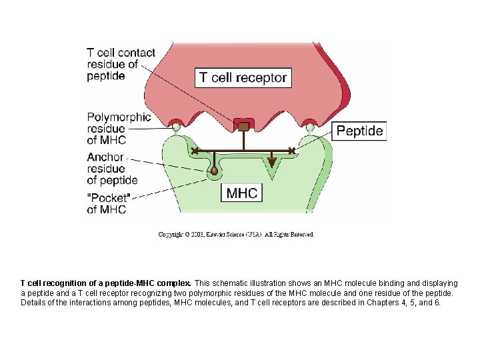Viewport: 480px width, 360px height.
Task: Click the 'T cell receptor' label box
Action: [243, 77]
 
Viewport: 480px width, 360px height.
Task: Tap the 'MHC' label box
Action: [242, 193]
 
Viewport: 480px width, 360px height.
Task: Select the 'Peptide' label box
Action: [359, 131]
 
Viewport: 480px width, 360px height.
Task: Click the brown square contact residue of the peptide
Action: [244, 126]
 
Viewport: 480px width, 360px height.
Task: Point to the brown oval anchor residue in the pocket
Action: [214, 171]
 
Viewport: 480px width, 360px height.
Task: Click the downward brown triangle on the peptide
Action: [272, 161]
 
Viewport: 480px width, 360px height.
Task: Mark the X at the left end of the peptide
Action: [195, 151]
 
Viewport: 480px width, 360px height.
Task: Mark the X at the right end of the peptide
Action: [292, 151]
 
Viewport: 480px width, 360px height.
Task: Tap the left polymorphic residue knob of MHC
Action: [177, 127]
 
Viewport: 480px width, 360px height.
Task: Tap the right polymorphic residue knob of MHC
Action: [310, 127]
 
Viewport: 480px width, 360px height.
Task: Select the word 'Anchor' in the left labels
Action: [105, 157]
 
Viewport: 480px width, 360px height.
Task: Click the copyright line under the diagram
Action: [236, 234]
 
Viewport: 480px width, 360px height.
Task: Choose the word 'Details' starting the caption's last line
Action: [34, 302]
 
